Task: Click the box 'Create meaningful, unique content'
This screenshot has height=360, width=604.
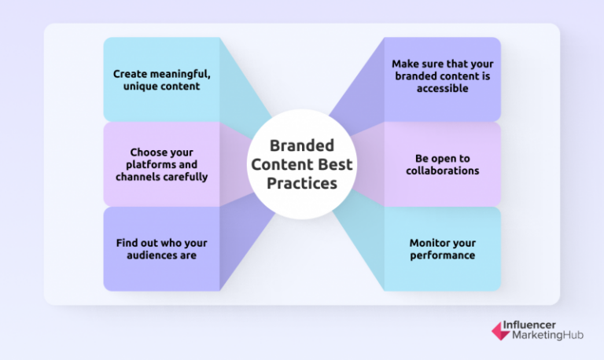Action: pos(161,79)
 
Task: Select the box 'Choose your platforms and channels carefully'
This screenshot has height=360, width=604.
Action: pos(161,164)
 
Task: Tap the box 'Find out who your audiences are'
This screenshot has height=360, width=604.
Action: pos(161,249)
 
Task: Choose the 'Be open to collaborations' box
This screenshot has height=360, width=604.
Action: pos(442,164)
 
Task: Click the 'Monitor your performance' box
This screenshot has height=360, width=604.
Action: pos(442,249)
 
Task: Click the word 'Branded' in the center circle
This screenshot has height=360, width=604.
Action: pos(301,145)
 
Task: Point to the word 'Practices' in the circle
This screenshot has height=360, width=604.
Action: pos(301,182)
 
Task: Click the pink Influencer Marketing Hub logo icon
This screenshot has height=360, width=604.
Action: pos(500,330)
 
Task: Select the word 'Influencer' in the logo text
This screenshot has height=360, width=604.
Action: pos(540,324)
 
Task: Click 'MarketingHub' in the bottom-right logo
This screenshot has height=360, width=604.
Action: pos(549,336)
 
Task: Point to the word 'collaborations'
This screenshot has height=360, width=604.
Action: pos(442,171)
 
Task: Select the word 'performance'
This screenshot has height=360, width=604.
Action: pos(442,255)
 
